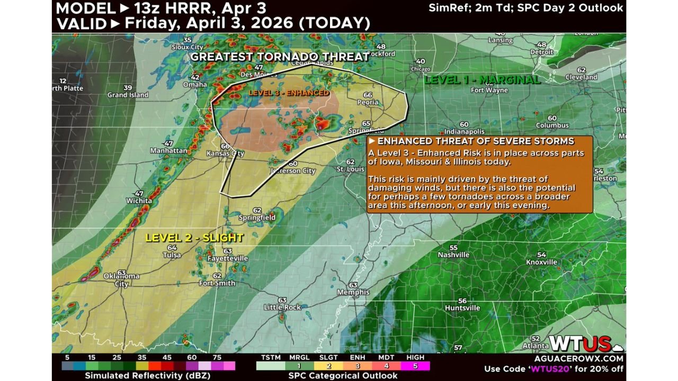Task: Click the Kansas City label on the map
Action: pyautogui.click(x=225, y=153)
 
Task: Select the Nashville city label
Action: pyautogui.click(x=453, y=255)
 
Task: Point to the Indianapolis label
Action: pyautogui.click(x=465, y=131)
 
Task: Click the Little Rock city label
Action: pyautogui.click(x=282, y=307)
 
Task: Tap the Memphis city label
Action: pyautogui.click(x=353, y=292)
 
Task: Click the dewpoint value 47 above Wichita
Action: pyautogui.click(x=139, y=194)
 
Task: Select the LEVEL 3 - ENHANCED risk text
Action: pyautogui.click(x=289, y=93)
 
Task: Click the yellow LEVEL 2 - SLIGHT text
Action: pyautogui.click(x=194, y=238)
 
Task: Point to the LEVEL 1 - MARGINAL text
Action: pyautogui.click(x=482, y=80)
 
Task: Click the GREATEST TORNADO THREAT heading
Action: pyautogui.click(x=280, y=57)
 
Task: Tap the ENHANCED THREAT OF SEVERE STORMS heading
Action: pyautogui.click(x=475, y=141)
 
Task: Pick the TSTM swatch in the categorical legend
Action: pyautogui.click(x=270, y=366)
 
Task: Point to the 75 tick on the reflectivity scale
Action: pyautogui.click(x=217, y=357)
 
